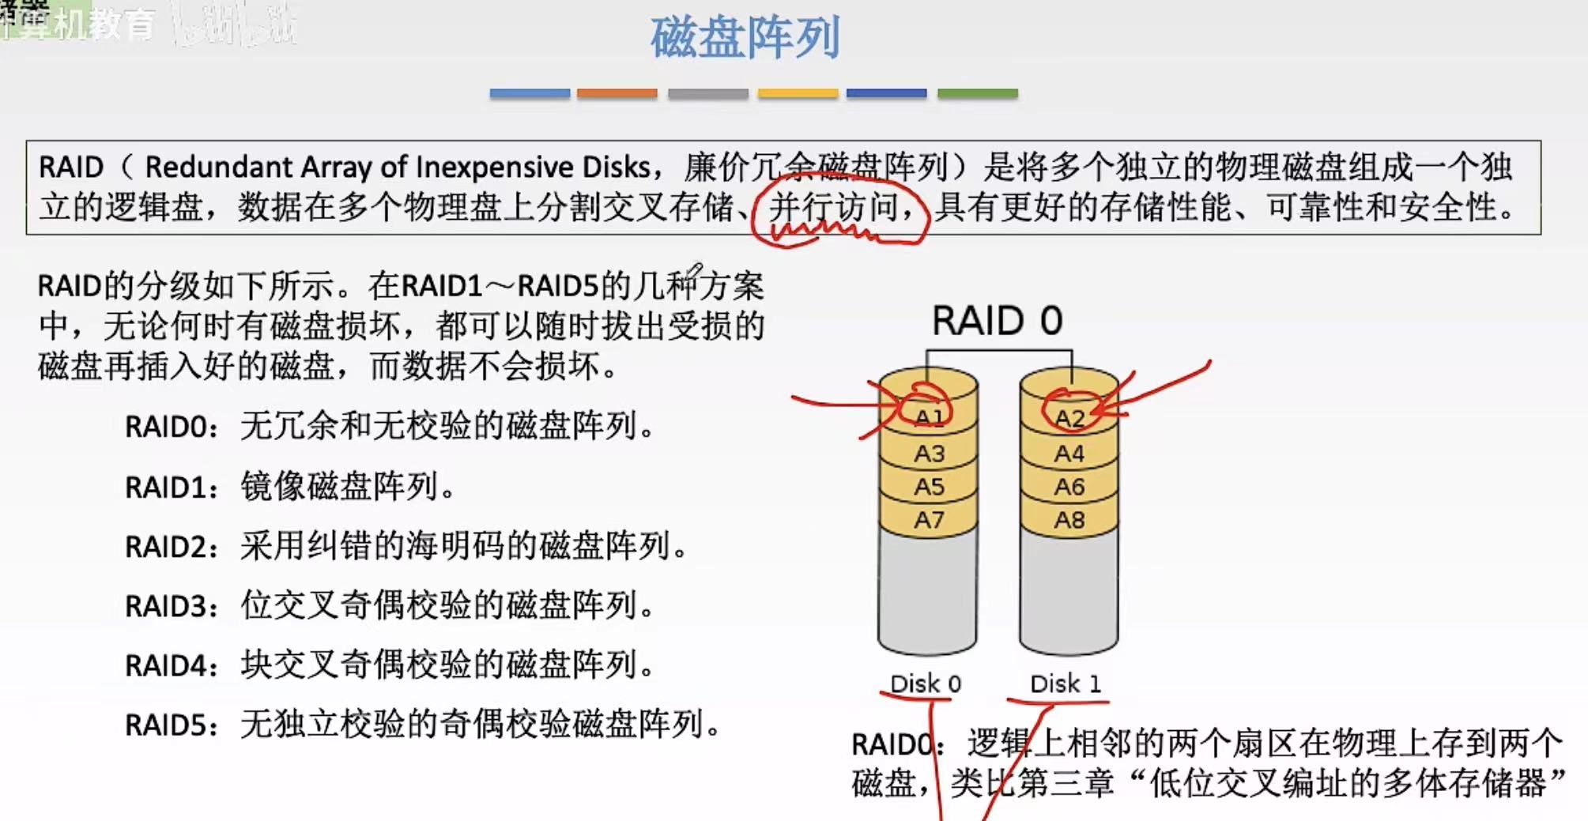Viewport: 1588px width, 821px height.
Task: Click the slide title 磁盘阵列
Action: click(x=745, y=37)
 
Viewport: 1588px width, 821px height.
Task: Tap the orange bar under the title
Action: click(x=617, y=93)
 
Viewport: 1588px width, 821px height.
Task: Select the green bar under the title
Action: click(x=977, y=93)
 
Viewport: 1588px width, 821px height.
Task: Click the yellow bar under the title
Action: click(x=797, y=93)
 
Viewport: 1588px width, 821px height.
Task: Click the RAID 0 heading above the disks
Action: click(x=997, y=321)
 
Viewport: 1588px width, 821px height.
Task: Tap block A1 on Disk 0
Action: click(x=929, y=417)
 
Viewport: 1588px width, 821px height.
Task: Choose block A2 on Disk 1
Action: click(x=1069, y=418)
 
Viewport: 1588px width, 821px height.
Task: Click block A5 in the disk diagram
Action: click(x=929, y=487)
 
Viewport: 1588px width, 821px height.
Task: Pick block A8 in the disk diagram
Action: click(x=1069, y=520)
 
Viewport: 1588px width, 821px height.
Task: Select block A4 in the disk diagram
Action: click(x=1069, y=454)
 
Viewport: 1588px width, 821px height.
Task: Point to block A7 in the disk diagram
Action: click(x=929, y=520)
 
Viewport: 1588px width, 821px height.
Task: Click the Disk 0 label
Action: click(x=926, y=684)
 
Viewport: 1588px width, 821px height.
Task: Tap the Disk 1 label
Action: click(x=1066, y=684)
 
